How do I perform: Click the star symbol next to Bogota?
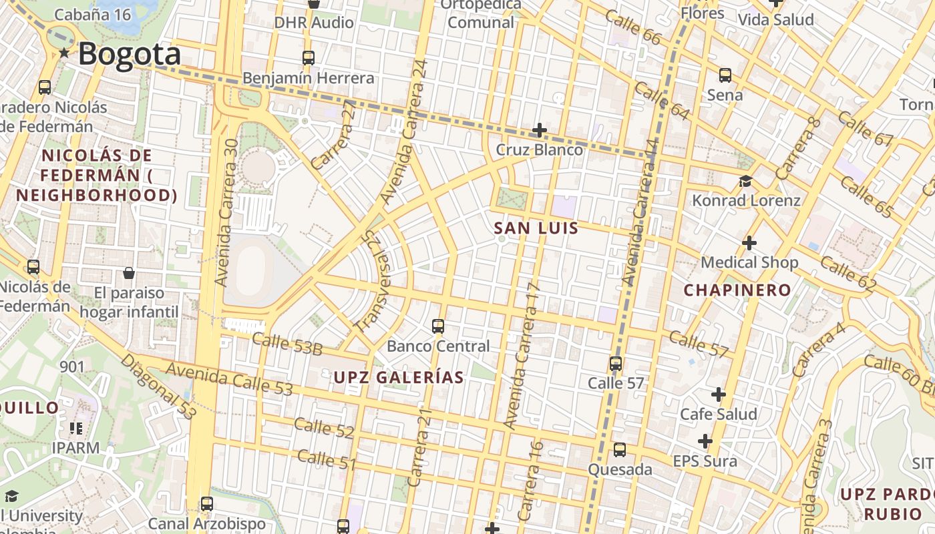click(x=64, y=53)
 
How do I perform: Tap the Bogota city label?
click(x=130, y=54)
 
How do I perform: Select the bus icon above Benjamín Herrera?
click(x=308, y=58)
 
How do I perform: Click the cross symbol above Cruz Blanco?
click(x=540, y=130)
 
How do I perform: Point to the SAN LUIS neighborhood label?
click(x=536, y=228)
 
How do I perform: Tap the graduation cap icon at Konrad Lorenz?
click(x=745, y=182)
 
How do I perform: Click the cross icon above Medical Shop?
click(x=749, y=243)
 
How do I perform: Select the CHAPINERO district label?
click(x=737, y=290)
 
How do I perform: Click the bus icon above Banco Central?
click(x=438, y=326)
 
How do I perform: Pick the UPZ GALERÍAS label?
click(x=398, y=377)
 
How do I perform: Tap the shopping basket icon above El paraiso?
click(x=129, y=273)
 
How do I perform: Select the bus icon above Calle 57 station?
click(x=616, y=364)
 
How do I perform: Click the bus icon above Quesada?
click(x=620, y=450)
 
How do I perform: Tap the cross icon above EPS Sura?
click(x=705, y=441)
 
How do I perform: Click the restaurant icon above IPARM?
click(x=75, y=428)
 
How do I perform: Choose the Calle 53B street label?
click(x=288, y=344)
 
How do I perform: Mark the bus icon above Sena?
click(x=725, y=75)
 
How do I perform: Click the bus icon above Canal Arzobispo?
click(x=207, y=504)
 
